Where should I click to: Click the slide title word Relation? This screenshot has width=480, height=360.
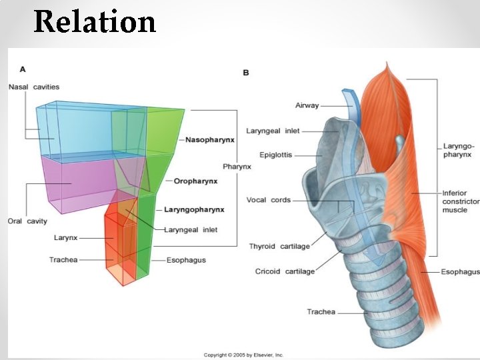pyautogui.click(x=95, y=21)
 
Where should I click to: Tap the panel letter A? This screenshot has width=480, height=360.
pyautogui.click(x=23, y=69)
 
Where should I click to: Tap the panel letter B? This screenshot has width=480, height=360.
pyautogui.click(x=245, y=72)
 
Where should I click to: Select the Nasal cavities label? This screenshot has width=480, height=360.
pyautogui.click(x=34, y=87)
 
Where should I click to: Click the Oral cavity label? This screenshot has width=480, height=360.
pyautogui.click(x=27, y=221)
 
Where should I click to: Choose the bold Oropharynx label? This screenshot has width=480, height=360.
pyautogui.click(x=197, y=181)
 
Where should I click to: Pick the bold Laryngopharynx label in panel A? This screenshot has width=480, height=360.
pyautogui.click(x=194, y=209)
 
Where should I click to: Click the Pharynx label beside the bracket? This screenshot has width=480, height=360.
pyautogui.click(x=237, y=167)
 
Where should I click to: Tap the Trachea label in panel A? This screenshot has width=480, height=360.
pyautogui.click(x=64, y=260)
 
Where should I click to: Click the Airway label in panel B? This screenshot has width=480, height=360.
pyautogui.click(x=307, y=105)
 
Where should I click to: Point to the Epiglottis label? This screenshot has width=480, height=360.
pyautogui.click(x=277, y=155)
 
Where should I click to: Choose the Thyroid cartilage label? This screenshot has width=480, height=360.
pyautogui.click(x=279, y=247)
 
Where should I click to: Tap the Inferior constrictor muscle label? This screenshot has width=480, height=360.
pyautogui.click(x=460, y=201)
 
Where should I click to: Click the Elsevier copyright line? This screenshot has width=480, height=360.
pyautogui.click(x=244, y=355)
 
